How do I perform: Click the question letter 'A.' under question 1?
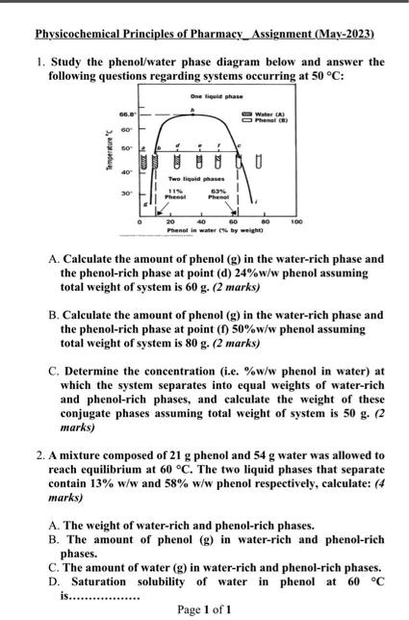[53, 259]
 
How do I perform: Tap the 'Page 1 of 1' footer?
[204, 609]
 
